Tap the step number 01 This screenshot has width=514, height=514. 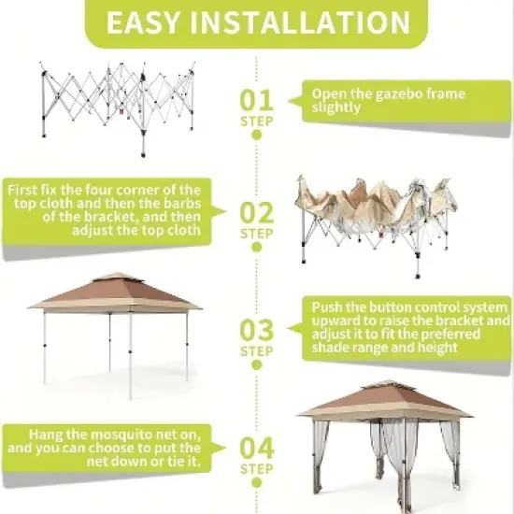tap(257, 99)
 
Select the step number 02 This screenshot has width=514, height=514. tap(257, 212)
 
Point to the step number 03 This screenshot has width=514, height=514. tap(257, 330)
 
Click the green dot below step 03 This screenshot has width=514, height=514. tap(257, 365)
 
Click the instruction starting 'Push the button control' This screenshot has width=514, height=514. tap(407, 327)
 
